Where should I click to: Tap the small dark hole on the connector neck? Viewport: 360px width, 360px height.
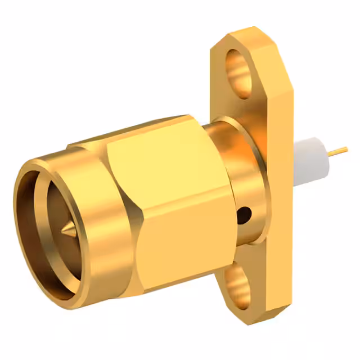[x=244, y=214]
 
